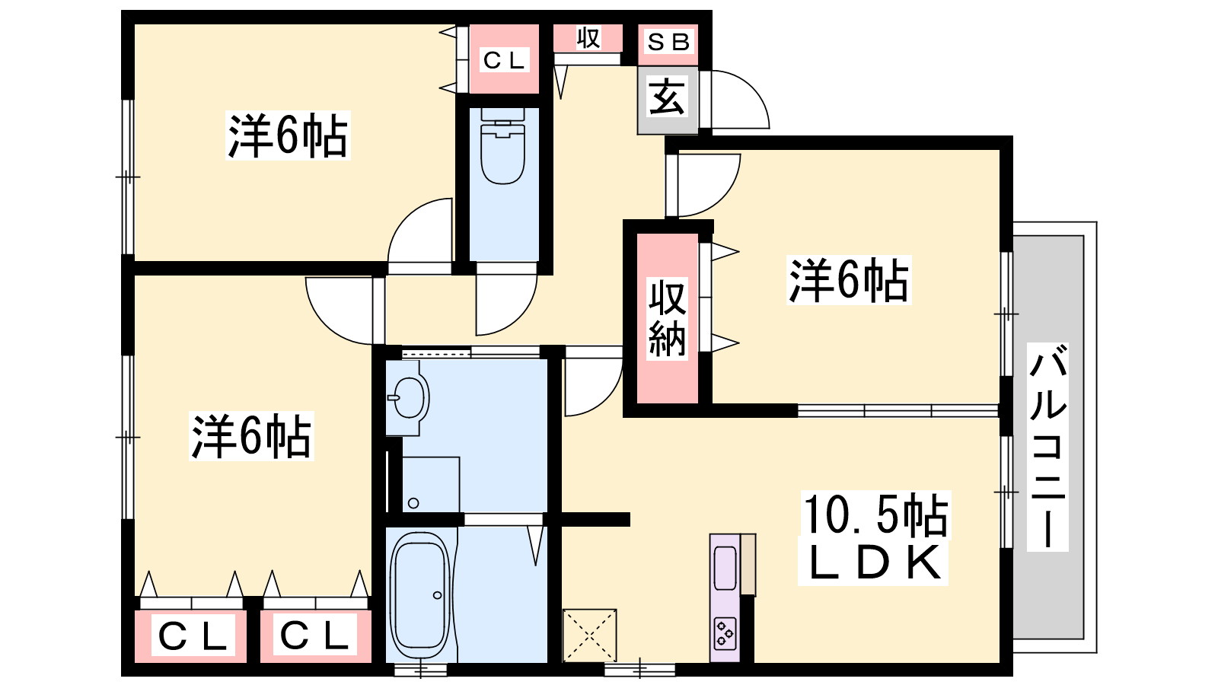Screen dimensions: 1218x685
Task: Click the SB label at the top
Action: (668, 42)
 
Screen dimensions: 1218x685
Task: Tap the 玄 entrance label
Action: (667, 97)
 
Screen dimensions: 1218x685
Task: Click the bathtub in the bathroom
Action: (420, 597)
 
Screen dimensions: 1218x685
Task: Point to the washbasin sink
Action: (409, 397)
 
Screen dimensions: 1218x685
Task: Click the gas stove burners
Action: (725, 633)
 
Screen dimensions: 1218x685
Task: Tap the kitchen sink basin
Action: (725, 568)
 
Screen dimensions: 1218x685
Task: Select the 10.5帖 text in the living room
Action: (875, 515)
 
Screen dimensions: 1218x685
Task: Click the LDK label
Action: (875, 563)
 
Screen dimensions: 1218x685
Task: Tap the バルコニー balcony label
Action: (1047, 447)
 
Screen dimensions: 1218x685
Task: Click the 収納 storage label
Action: (667, 319)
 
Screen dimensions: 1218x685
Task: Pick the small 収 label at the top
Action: (588, 38)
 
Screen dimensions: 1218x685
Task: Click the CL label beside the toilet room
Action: (504, 60)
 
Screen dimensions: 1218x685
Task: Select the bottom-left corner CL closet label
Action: (192, 636)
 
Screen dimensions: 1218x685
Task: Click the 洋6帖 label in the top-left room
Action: (288, 136)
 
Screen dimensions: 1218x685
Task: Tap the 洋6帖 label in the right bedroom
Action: (849, 281)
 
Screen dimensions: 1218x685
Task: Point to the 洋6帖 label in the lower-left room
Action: (251, 436)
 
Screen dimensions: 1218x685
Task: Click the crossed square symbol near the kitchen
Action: (589, 636)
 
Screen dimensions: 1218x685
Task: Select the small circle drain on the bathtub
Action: (438, 595)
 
